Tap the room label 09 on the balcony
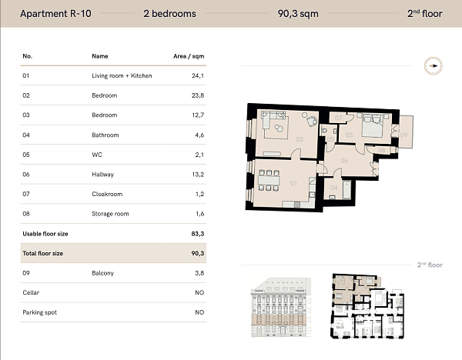click(404, 134)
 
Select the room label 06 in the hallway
click(344, 160)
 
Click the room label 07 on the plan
click(338, 118)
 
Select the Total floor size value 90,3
click(198, 253)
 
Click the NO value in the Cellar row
click(199, 293)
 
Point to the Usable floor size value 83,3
click(198, 233)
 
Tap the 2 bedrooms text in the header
click(169, 13)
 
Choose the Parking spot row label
click(40, 312)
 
